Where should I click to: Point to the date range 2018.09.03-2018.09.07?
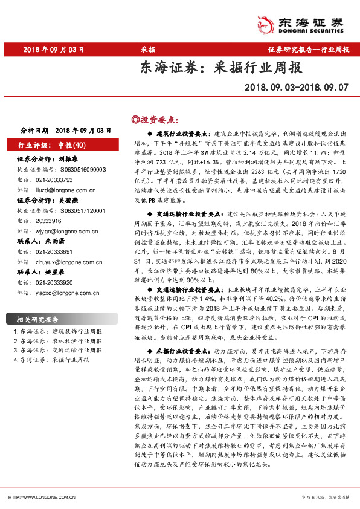click(297, 88)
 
